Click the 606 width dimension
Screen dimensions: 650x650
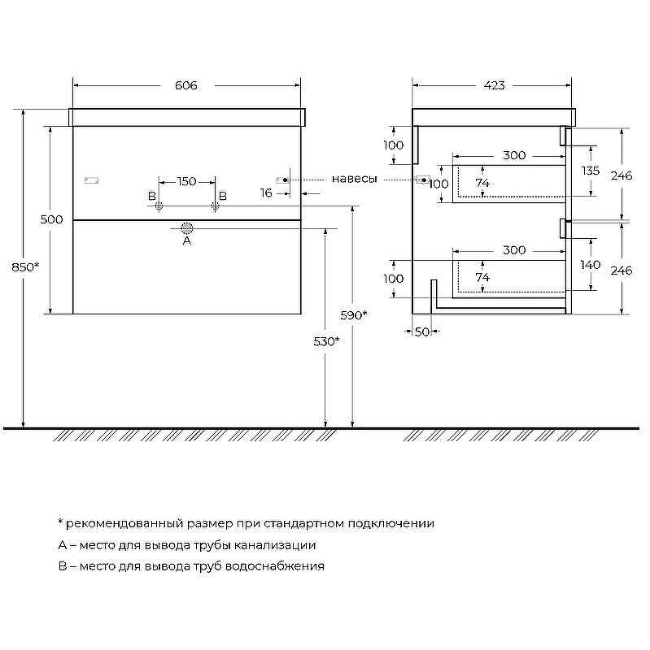pyautogui.click(x=185, y=85)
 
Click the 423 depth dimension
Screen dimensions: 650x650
pyautogui.click(x=495, y=85)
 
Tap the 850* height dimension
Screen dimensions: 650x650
pyautogui.click(x=25, y=267)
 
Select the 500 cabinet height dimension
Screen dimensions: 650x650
pyautogui.click(x=51, y=219)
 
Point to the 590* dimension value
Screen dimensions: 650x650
pyautogui.click(x=354, y=315)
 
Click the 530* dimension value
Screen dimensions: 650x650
pyautogui.click(x=327, y=341)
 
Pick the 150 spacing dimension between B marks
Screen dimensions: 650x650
pyautogui.click(x=187, y=181)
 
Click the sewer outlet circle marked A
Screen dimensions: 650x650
pyautogui.click(x=187, y=228)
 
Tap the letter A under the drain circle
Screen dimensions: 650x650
pyautogui.click(x=187, y=240)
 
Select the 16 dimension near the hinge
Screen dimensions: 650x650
pyautogui.click(x=266, y=193)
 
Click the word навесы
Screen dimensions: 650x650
pyautogui.click(x=355, y=179)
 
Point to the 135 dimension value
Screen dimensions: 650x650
pyautogui.click(x=591, y=171)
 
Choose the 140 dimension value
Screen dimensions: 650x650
pyautogui.click(x=591, y=265)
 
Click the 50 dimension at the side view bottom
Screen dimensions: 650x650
pyautogui.click(x=422, y=332)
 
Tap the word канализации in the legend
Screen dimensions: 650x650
pyautogui.click(x=275, y=545)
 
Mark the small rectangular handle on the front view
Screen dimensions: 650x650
pyautogui.click(x=91, y=180)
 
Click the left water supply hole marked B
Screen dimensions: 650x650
pyautogui.click(x=159, y=206)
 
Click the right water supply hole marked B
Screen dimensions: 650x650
pyautogui.click(x=215, y=206)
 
